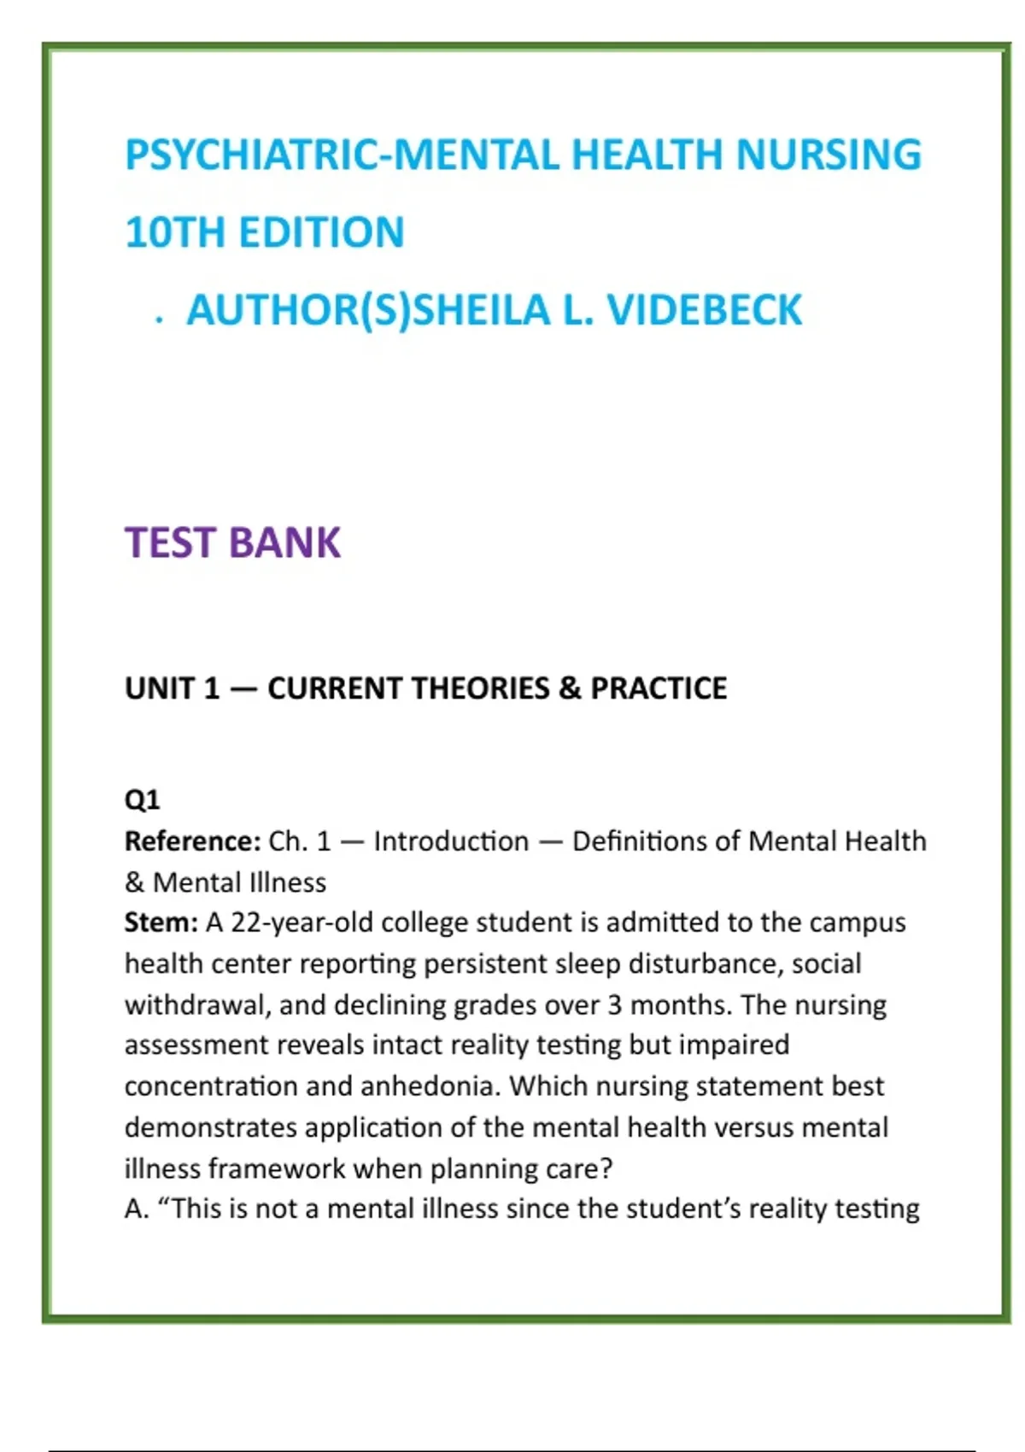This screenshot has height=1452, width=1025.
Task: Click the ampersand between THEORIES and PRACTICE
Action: coord(570,688)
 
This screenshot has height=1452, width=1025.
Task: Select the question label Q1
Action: coord(142,800)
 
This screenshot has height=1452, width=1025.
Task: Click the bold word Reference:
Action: coord(192,841)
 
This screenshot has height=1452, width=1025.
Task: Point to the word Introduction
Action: coord(451,841)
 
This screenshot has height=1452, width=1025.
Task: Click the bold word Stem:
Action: coord(161,922)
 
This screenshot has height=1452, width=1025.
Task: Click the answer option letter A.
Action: coord(135,1209)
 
